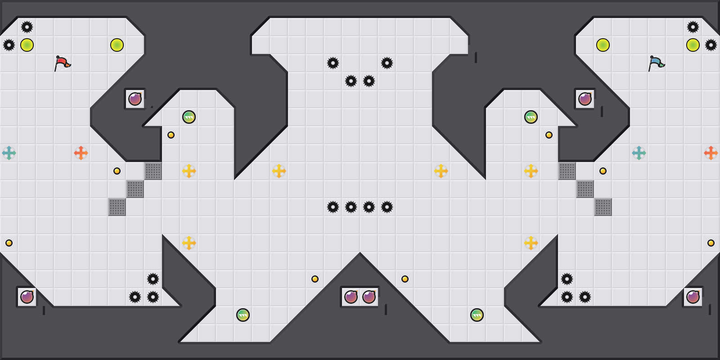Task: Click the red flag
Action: pyautogui.click(x=62, y=63)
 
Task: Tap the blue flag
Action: pyautogui.click(x=656, y=63)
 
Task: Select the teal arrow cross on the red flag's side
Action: pyautogui.click(x=9, y=153)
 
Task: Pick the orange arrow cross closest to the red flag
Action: pyautogui.click(x=81, y=153)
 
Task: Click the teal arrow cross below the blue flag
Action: pyautogui.click(x=639, y=153)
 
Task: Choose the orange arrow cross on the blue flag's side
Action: pyautogui.click(x=711, y=153)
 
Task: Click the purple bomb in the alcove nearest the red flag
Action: pyautogui.click(x=135, y=99)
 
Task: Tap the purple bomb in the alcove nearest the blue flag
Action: pyautogui.click(x=585, y=99)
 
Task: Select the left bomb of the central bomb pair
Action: pyautogui.click(x=351, y=297)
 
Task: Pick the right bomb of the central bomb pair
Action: pyautogui.click(x=369, y=297)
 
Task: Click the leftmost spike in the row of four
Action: pyautogui.click(x=333, y=207)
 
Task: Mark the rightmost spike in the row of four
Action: pyautogui.click(x=387, y=207)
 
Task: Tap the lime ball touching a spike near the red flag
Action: pyautogui.click(x=27, y=45)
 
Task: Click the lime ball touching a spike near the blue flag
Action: pyautogui.click(x=693, y=45)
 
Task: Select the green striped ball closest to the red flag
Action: pyautogui.click(x=189, y=117)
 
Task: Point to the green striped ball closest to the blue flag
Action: pyautogui.click(x=531, y=117)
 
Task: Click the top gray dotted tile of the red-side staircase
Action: pyautogui.click(x=153, y=171)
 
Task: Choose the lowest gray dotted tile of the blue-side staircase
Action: pyautogui.click(x=603, y=207)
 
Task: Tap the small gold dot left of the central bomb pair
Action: pyautogui.click(x=315, y=279)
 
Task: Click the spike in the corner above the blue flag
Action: pyautogui.click(x=693, y=27)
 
